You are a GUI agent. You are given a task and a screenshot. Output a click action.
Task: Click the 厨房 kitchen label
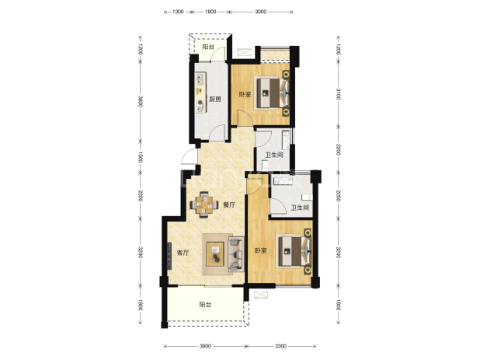click(215, 100)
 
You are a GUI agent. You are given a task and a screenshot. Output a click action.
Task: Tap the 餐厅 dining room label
click(229, 204)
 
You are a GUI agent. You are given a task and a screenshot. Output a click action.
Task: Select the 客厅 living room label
click(183, 253)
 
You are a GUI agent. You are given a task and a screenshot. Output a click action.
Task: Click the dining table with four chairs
click(204, 204)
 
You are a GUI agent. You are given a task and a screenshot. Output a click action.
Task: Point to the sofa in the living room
click(236, 254)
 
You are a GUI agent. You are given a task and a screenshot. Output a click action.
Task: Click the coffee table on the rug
click(215, 254)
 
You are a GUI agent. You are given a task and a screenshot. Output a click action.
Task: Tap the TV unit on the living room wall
click(169, 256)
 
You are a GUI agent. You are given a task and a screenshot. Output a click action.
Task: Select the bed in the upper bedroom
click(272, 93)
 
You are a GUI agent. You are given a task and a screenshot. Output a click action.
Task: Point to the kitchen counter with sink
click(201, 93)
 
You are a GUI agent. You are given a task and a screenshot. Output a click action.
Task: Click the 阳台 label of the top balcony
click(208, 47)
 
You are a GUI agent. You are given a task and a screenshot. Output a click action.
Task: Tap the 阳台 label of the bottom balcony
click(205, 305)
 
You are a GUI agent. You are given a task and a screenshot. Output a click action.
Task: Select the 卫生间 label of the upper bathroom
click(274, 155)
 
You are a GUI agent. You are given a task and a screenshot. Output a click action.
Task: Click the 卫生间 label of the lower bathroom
click(300, 208)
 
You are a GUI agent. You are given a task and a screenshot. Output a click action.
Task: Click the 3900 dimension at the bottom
click(205, 347)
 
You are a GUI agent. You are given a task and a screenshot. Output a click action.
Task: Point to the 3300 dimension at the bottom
click(280, 347)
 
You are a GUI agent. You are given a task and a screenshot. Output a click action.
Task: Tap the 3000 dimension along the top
click(260, 12)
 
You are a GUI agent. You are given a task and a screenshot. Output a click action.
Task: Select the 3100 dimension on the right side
click(339, 94)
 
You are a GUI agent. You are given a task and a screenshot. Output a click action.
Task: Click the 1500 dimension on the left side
click(141, 157)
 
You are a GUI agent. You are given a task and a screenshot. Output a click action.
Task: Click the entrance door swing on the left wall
click(187, 156)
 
